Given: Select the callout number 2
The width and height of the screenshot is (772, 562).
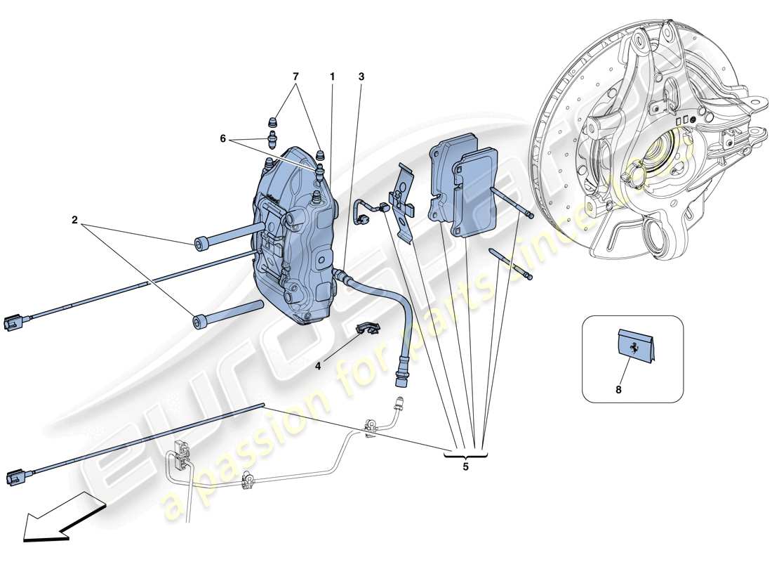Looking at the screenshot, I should (x=74, y=219).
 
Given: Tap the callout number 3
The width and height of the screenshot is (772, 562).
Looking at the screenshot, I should (x=361, y=75).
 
